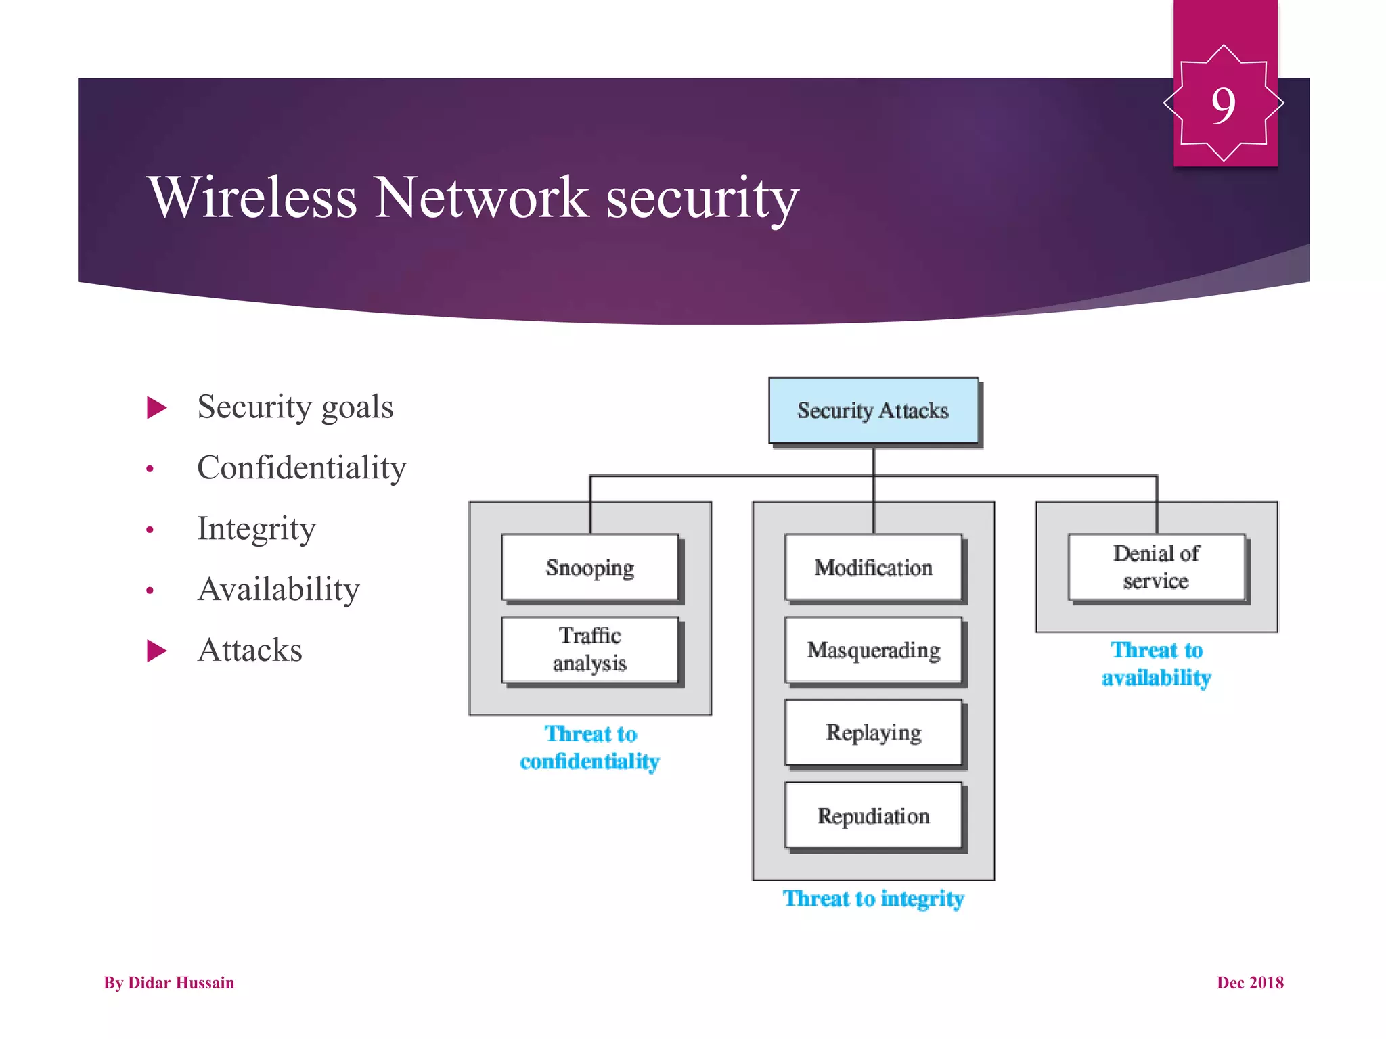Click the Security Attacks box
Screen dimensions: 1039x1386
873,411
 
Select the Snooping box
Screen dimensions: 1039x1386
590,568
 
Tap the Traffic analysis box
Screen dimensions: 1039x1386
590,649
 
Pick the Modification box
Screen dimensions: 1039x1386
873,568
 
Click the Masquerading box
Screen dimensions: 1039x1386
873,650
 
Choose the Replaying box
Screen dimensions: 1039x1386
873,733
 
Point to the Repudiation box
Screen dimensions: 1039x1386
873,816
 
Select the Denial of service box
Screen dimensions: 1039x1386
1156,568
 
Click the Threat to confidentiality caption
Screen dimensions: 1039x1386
590,748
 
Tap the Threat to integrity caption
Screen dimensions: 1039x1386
873,898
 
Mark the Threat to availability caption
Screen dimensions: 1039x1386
1156,664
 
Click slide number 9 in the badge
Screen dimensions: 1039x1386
1224,106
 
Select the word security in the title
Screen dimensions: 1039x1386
702,198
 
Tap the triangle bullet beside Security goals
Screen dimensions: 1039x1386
156,408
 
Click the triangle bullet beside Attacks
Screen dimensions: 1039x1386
156,651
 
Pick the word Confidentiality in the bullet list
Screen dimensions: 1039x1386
302,468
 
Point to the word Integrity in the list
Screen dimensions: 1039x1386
256,529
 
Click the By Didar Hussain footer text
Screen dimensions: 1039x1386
169,983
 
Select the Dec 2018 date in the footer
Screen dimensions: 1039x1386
1250,983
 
